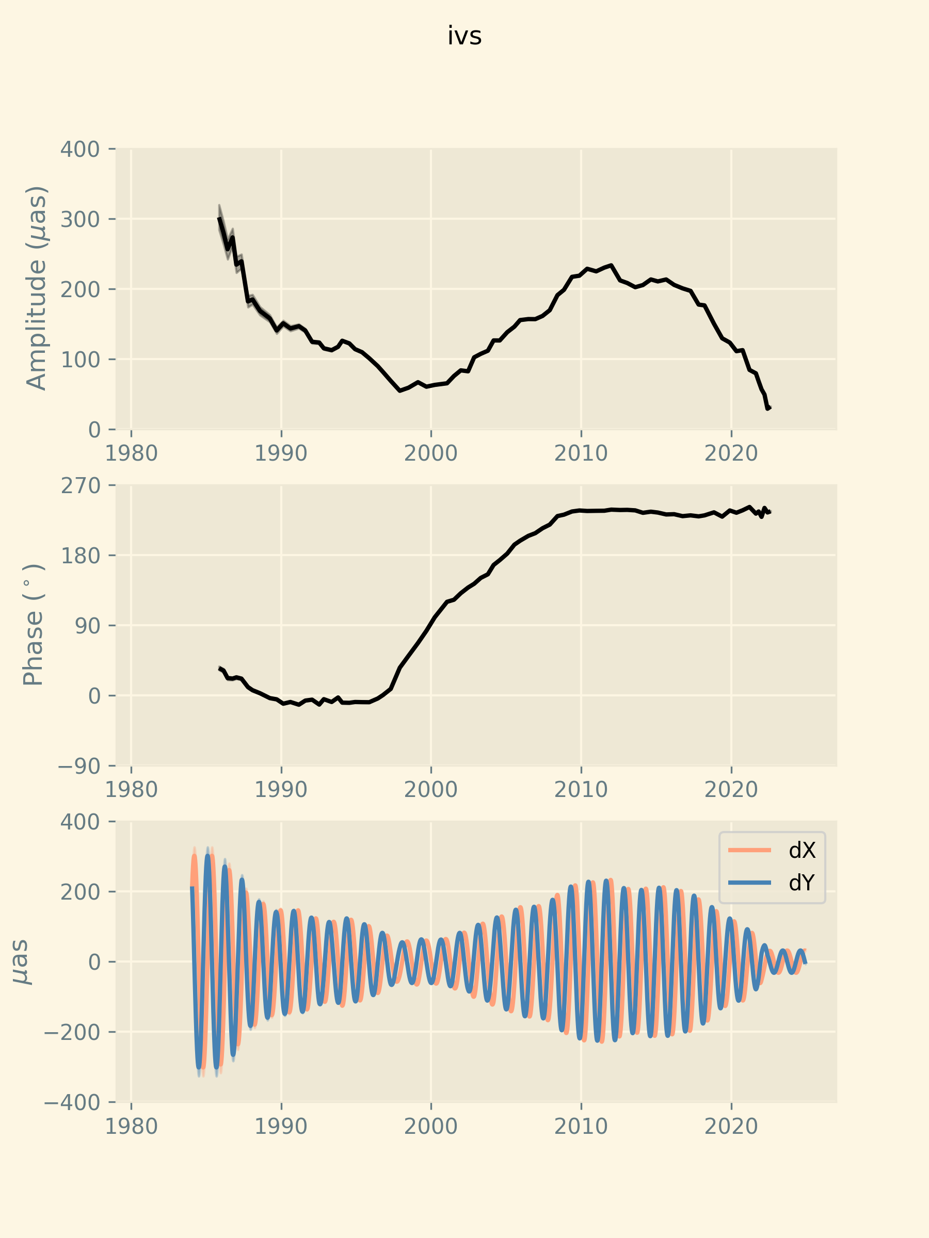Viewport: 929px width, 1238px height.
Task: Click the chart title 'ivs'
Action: (x=464, y=37)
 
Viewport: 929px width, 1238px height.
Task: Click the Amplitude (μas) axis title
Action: (x=37, y=288)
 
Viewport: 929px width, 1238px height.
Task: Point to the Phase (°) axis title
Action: (x=34, y=625)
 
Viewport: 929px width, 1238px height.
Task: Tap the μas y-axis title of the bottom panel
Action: (x=21, y=962)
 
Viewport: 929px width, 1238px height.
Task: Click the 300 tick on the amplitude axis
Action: (x=80, y=219)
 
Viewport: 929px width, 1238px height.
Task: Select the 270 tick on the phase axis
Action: (x=80, y=485)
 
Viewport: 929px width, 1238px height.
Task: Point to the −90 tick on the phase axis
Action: (x=78, y=765)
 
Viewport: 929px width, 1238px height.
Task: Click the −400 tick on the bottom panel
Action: (x=71, y=1102)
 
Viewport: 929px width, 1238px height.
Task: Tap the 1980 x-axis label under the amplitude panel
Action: (x=131, y=453)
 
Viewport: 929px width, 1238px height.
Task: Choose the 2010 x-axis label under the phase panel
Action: (x=581, y=790)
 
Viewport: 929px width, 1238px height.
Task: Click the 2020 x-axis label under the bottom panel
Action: (x=731, y=1127)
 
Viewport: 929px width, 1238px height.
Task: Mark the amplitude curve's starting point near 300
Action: (x=219, y=218)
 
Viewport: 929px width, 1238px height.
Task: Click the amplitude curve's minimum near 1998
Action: (x=400, y=390)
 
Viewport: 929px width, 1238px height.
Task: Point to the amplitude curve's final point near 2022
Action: (x=768, y=409)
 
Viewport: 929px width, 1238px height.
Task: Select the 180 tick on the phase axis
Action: (x=80, y=556)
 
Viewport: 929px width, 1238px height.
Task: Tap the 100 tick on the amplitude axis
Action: (x=80, y=360)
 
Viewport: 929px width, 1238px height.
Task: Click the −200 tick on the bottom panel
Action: (x=71, y=1032)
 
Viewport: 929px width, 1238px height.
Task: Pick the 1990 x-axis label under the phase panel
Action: (x=281, y=790)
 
